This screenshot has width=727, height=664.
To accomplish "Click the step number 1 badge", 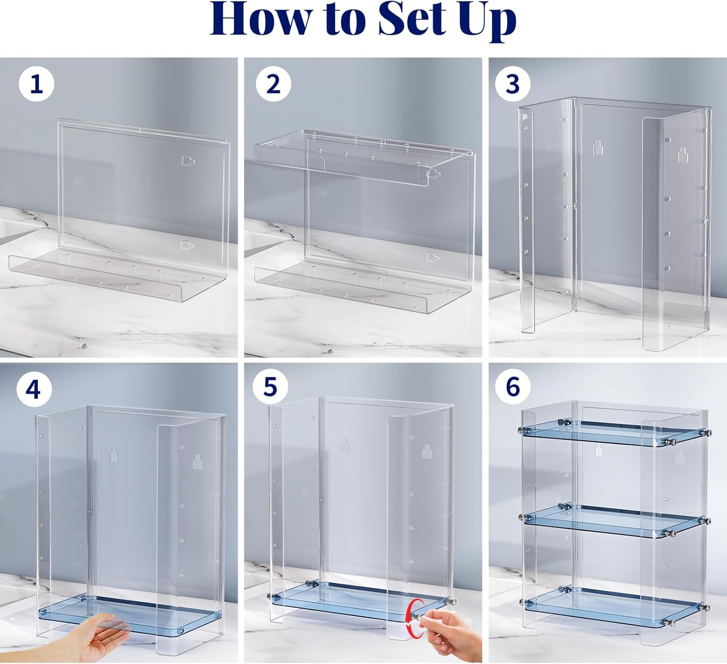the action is click(37, 84).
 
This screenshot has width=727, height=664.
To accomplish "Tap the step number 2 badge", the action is click(273, 84).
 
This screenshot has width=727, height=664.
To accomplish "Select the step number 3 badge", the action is click(512, 84).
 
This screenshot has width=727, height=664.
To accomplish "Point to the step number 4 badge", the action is click(34, 389).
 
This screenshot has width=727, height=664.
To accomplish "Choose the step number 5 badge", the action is click(270, 387).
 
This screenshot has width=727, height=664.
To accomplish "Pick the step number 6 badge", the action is click(512, 387).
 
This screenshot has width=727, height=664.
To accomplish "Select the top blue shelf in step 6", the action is click(613, 434).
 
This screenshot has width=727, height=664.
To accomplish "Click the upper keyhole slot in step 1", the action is click(188, 161).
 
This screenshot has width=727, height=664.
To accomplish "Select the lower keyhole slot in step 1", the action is click(188, 245).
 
